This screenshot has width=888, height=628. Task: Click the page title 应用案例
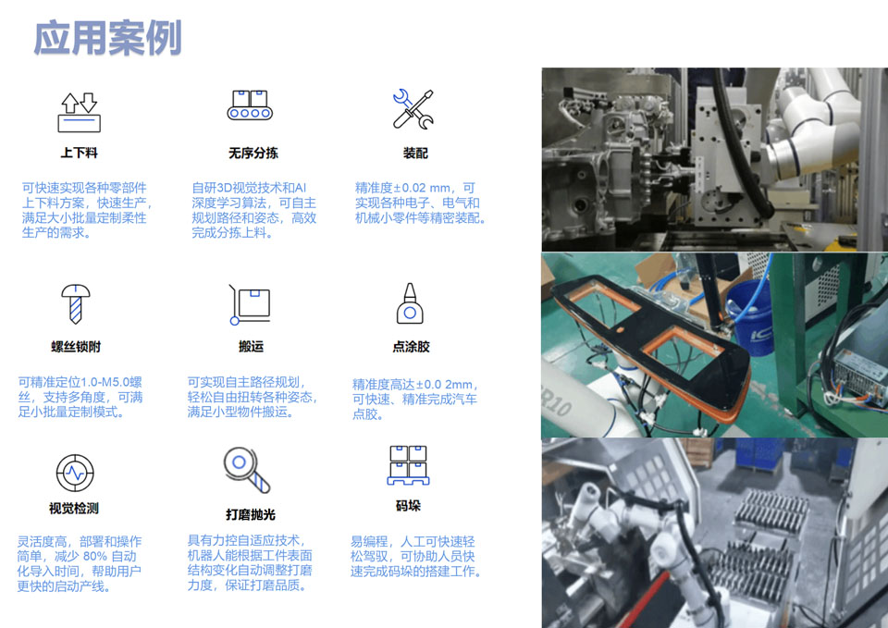(107, 38)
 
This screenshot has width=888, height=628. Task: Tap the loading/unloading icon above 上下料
(80, 113)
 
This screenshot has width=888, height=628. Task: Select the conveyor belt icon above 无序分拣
(250, 105)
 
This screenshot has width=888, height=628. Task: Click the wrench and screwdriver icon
(413, 109)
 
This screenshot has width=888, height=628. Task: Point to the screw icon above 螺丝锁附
(75, 304)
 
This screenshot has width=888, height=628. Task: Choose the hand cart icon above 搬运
(250, 304)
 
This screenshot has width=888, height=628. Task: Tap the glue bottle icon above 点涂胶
(410, 303)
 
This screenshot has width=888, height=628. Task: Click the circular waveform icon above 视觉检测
(75, 473)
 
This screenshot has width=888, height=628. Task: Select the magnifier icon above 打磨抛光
(247, 471)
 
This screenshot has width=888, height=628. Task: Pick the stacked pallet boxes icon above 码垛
(408, 465)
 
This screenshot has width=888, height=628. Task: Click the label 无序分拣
(253, 153)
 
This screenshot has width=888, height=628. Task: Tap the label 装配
(415, 153)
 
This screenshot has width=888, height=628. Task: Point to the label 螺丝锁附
(76, 347)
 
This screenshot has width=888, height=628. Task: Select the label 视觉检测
(74, 509)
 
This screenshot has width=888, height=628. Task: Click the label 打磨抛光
(251, 514)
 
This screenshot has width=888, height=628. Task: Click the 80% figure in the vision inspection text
(94, 557)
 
